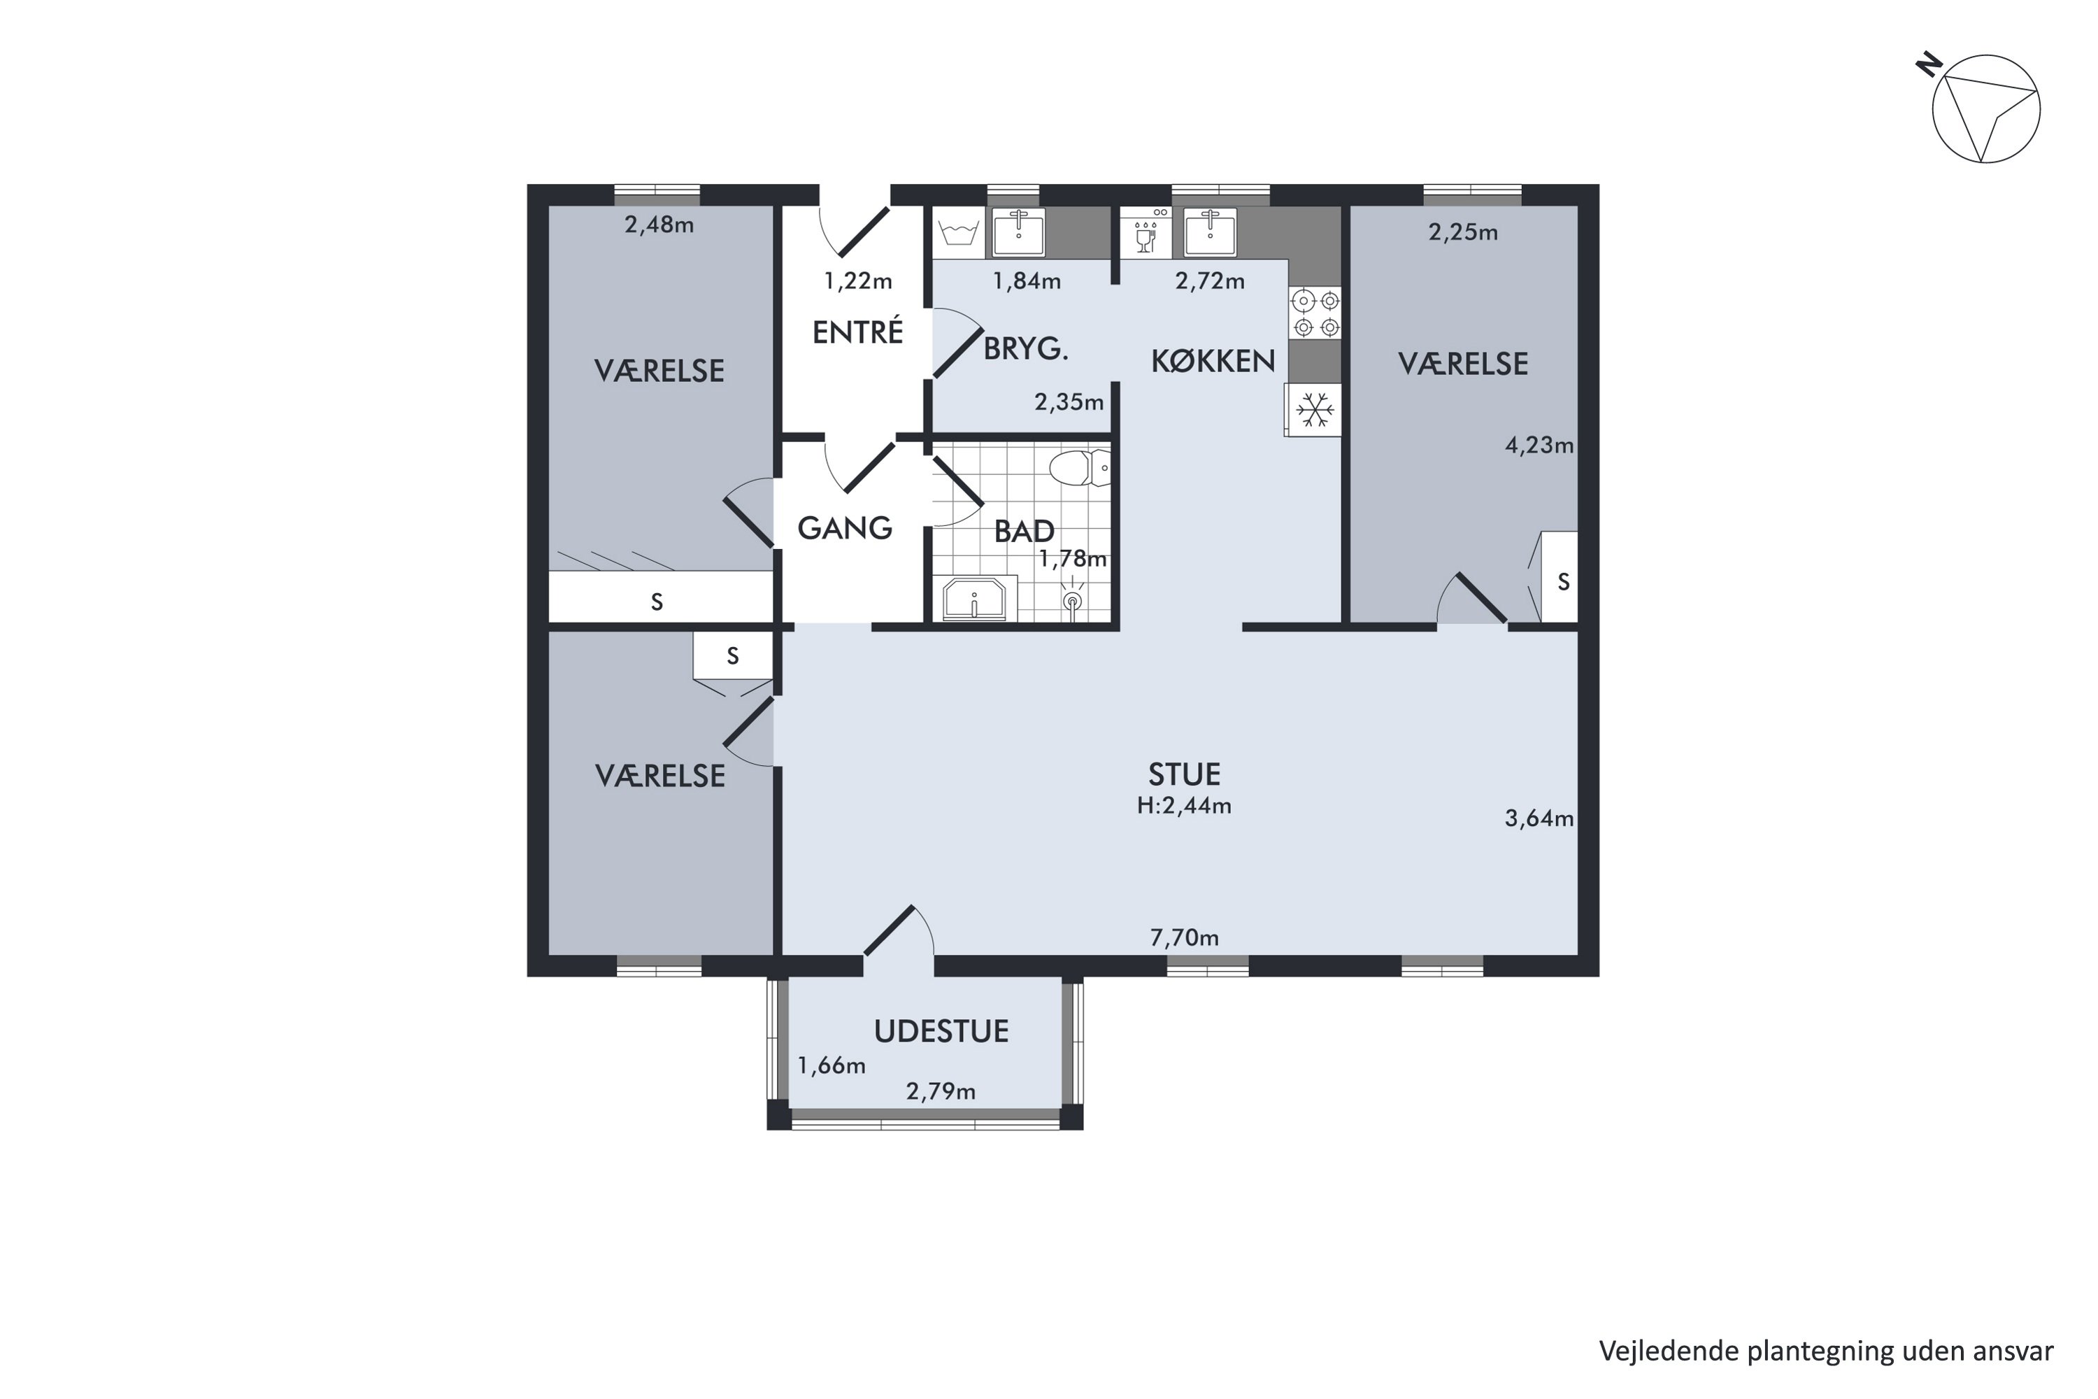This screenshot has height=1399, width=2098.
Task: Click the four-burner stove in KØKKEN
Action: click(1315, 313)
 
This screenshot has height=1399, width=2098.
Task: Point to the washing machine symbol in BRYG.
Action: click(959, 233)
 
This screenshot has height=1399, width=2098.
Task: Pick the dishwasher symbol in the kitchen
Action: click(1146, 233)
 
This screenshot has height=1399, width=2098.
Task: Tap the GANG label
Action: click(845, 528)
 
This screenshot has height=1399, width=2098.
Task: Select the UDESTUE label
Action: click(941, 1031)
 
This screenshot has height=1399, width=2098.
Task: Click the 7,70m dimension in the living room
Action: click(1184, 938)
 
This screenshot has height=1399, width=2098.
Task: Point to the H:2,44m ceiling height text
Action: click(1184, 806)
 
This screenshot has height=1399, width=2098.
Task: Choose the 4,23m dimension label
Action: click(1540, 444)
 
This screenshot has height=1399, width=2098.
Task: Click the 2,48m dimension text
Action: click(659, 225)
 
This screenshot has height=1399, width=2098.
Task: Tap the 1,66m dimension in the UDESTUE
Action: click(832, 1065)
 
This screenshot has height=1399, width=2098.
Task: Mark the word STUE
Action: click(1184, 774)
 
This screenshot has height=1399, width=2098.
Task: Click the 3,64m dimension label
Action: click(1540, 818)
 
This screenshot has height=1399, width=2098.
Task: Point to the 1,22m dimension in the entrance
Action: click(857, 281)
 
